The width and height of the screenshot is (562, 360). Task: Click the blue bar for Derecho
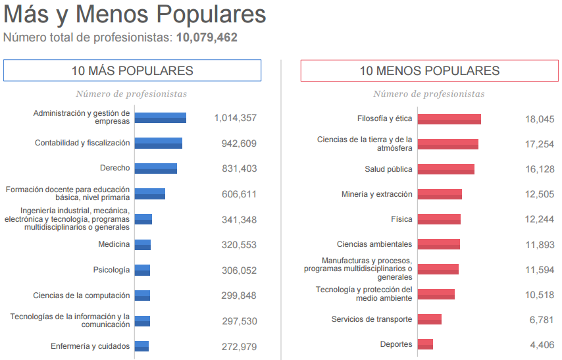(x=156, y=168)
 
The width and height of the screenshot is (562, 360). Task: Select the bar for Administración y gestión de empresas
(x=161, y=118)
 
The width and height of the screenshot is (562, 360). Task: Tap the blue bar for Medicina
(x=143, y=245)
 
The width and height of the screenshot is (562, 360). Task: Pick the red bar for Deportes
(x=425, y=344)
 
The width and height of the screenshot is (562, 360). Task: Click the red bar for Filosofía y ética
(x=449, y=119)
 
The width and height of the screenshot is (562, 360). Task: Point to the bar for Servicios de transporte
(x=430, y=319)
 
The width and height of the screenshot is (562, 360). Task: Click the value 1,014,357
(x=235, y=118)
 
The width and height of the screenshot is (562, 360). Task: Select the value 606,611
(x=239, y=194)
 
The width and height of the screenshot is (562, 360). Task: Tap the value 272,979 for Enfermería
(x=239, y=347)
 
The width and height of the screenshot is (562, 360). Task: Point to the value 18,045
(x=540, y=119)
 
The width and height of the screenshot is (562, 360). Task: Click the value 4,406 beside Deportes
(x=542, y=344)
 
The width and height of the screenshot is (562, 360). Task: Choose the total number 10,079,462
(x=207, y=38)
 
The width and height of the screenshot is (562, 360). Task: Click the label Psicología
(x=112, y=270)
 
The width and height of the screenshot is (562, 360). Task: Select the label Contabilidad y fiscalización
(x=82, y=143)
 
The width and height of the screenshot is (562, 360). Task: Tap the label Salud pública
(x=388, y=169)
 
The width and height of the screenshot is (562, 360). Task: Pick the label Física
(x=401, y=219)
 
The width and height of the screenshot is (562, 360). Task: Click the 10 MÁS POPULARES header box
(x=132, y=70)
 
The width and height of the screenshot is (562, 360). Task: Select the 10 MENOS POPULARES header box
(x=429, y=70)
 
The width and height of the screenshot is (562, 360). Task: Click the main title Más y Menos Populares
(x=135, y=14)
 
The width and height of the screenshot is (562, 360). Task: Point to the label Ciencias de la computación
(x=82, y=296)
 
